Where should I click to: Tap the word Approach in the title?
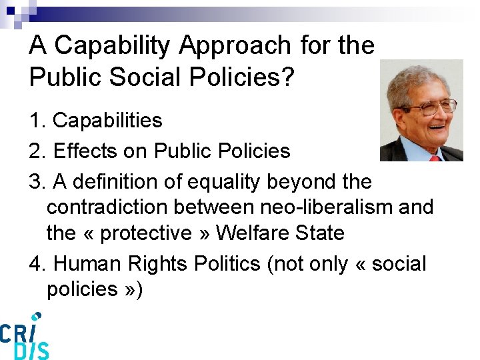pos(235,46)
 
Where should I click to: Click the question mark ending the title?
pos(287,77)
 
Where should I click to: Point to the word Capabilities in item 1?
pos(107,121)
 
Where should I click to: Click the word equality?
pos(226,181)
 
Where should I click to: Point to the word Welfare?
pos(254,233)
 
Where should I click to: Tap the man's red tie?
pos(435,157)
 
